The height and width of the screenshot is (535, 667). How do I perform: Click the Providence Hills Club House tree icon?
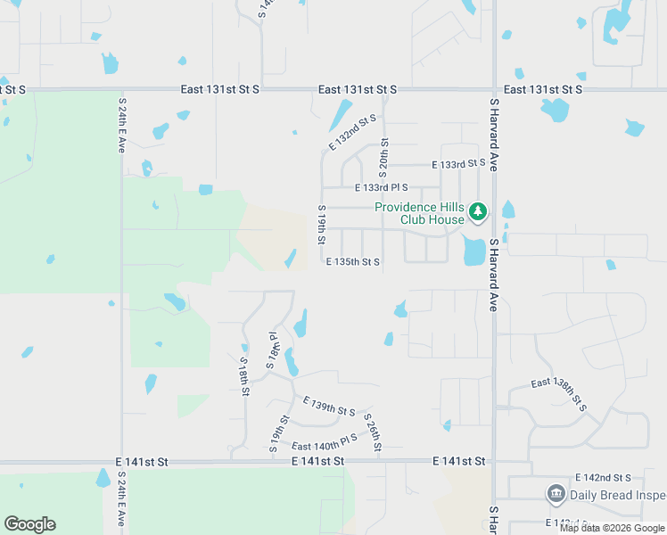pyautogui.click(x=479, y=212)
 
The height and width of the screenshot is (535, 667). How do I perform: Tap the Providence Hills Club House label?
pyautogui.click(x=419, y=213)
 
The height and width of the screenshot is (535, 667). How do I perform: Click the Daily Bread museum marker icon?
pyautogui.click(x=556, y=493)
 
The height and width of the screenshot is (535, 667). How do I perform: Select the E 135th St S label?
pyautogui.click(x=353, y=262)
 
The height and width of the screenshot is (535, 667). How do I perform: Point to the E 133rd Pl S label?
pyautogui.click(x=381, y=188)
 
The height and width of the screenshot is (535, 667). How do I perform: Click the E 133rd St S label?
pyautogui.click(x=458, y=164)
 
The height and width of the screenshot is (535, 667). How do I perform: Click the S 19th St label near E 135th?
pyautogui.click(x=321, y=225)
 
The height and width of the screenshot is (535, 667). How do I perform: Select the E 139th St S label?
pyautogui.click(x=329, y=407)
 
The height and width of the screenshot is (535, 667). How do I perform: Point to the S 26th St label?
pyautogui.click(x=373, y=432)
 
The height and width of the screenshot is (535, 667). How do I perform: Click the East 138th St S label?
pyautogui.click(x=559, y=393)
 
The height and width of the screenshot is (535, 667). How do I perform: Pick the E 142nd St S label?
pyautogui.click(x=603, y=479)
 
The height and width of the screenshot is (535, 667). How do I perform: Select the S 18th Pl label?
pyautogui.click(x=275, y=349)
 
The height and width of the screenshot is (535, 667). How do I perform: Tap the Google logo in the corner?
pyautogui.click(x=29, y=524)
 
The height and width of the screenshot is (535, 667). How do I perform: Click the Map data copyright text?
pyautogui.click(x=612, y=528)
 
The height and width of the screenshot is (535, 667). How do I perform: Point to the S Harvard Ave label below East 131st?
pyautogui.click(x=492, y=135)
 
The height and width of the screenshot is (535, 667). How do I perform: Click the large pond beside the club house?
pyautogui.click(x=474, y=251)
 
